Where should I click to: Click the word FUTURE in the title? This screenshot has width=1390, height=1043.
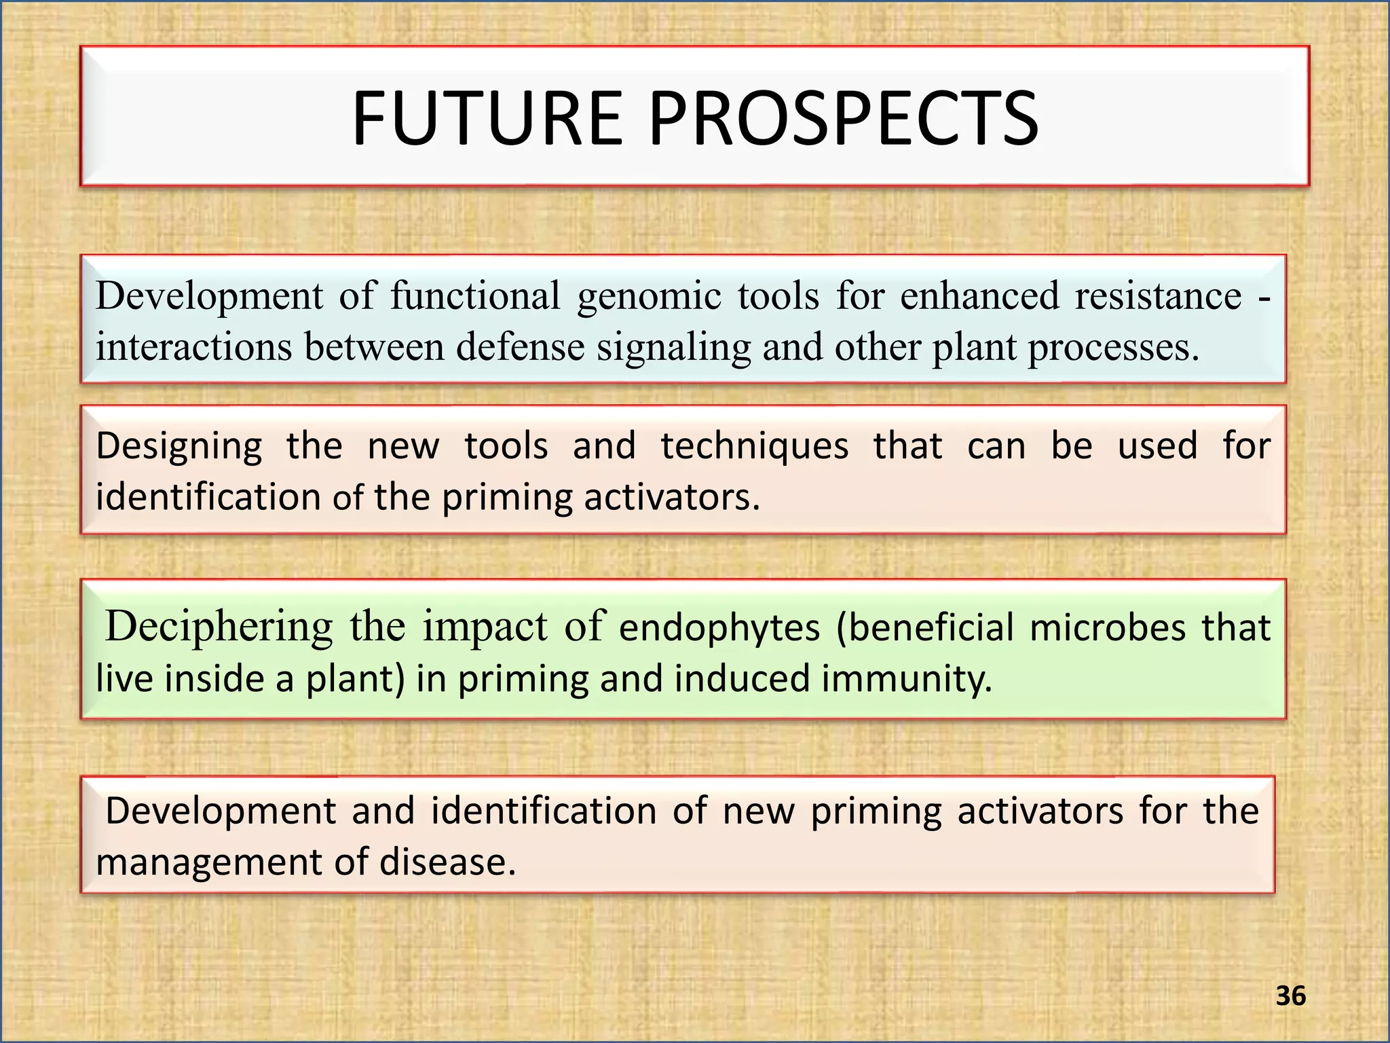[487, 119]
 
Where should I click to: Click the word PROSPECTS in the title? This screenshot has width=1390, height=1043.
[844, 119]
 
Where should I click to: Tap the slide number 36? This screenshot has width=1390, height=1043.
[1290, 996]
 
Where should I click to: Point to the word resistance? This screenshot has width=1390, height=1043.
[1158, 296]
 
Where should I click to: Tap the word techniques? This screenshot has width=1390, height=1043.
[755, 447]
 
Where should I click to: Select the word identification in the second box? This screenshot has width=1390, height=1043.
[208, 497]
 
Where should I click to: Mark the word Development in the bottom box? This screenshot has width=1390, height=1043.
[221, 811]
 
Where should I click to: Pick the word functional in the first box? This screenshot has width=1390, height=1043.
[475, 296]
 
